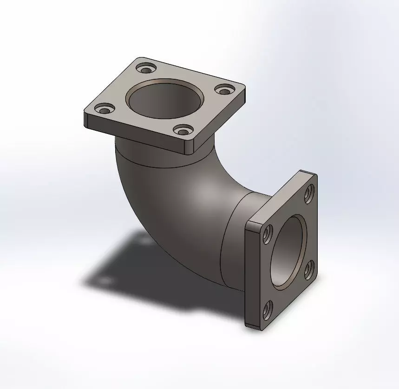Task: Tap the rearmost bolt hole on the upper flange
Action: pos(146,70)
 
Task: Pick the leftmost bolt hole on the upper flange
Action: pos(104,110)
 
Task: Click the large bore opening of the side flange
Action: pos(288,253)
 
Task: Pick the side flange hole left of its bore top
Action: pos(267,235)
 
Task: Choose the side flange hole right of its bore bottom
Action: pos(308,270)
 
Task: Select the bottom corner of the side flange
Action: pos(253,326)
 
